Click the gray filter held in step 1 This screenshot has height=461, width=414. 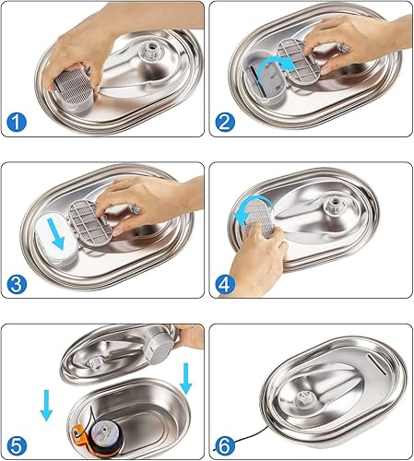71,91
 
